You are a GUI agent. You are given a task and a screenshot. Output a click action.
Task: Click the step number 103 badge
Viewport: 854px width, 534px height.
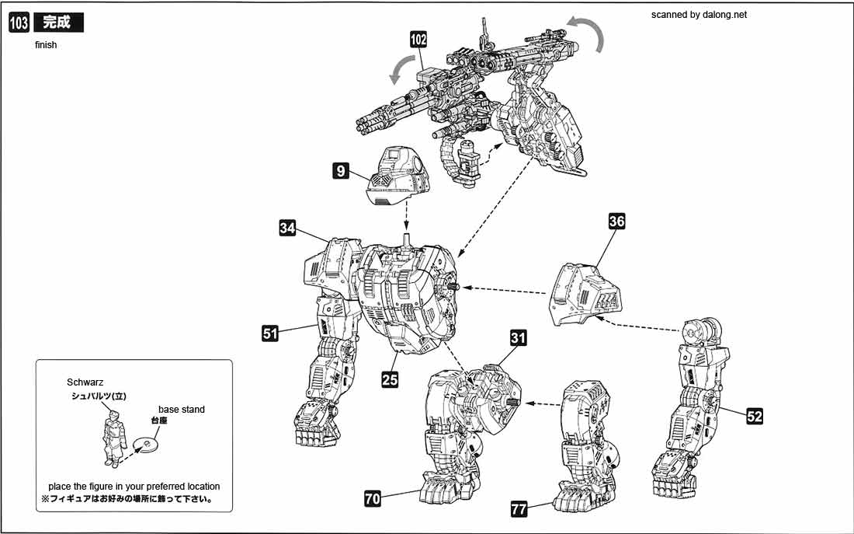19,23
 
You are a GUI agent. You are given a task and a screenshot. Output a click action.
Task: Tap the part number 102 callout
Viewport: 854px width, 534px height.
419,40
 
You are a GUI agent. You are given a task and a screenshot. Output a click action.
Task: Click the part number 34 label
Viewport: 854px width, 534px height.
288,228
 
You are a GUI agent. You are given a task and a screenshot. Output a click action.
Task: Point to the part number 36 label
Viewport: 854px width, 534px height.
617,222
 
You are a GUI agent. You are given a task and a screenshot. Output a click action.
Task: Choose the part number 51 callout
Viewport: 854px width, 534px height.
270,333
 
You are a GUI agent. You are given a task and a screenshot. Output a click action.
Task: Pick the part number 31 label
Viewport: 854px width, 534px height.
519,338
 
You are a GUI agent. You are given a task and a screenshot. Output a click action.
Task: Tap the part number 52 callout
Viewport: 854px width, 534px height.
755,416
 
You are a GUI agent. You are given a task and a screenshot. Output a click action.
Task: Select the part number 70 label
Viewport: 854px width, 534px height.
373,498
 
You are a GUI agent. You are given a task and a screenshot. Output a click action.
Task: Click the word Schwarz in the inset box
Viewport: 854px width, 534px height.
85,383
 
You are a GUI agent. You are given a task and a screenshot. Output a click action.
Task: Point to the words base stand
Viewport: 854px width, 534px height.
182,409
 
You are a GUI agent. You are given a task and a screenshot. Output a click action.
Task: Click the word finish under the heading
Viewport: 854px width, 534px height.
46,45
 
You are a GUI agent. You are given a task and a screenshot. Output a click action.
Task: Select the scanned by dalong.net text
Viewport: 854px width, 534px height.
699,15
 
